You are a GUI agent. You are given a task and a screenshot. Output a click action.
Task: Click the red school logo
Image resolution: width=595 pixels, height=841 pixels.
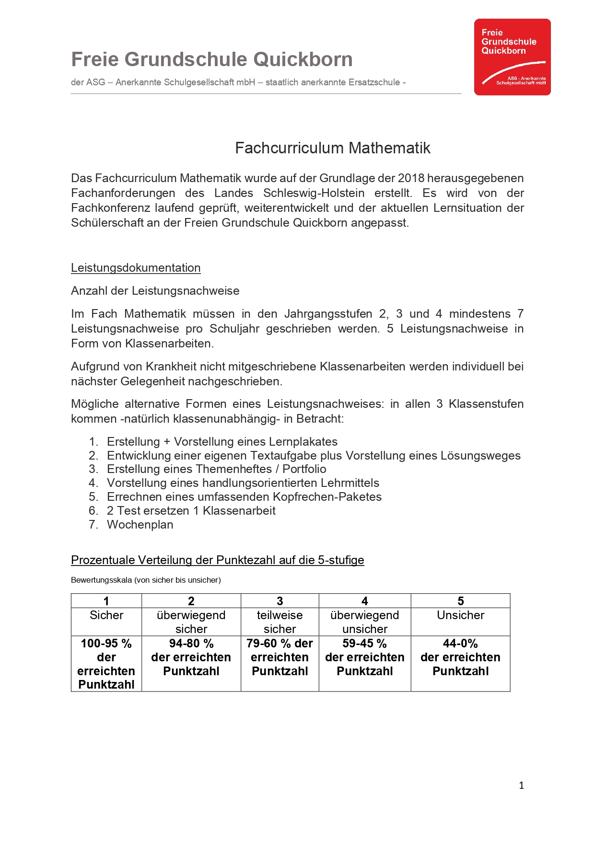click(512, 57)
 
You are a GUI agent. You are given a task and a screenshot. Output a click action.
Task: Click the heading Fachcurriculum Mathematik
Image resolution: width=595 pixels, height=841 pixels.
click(332, 148)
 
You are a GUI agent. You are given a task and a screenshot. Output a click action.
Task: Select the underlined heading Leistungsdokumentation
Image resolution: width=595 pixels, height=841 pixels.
click(136, 268)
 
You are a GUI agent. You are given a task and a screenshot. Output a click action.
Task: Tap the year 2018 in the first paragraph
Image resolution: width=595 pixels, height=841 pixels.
click(411, 178)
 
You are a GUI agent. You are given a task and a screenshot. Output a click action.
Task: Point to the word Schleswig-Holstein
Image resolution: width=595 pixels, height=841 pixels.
click(314, 193)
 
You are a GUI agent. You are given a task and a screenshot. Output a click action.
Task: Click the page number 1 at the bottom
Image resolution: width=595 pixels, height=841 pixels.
click(521, 785)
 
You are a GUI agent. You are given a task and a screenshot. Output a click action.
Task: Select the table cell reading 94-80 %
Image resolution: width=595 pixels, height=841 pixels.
click(191, 644)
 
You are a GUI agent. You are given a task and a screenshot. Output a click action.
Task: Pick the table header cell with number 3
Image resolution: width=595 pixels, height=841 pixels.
click(280, 601)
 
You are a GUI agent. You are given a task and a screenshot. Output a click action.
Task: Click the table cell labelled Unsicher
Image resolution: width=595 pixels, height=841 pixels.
click(460, 615)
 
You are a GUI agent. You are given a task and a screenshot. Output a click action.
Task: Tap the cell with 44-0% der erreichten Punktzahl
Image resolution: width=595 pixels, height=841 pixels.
click(460, 657)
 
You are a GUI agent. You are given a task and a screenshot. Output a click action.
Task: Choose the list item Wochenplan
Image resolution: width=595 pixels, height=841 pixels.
click(140, 525)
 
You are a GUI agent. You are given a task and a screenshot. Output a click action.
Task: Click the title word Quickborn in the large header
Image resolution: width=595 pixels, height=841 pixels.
click(303, 59)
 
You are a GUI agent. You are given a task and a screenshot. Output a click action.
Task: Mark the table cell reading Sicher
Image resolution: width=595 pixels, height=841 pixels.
click(106, 615)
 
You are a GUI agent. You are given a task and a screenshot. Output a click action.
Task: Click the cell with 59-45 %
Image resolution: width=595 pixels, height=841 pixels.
click(364, 644)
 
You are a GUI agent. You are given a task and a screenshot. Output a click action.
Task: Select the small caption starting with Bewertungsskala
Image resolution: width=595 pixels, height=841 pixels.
click(146, 580)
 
